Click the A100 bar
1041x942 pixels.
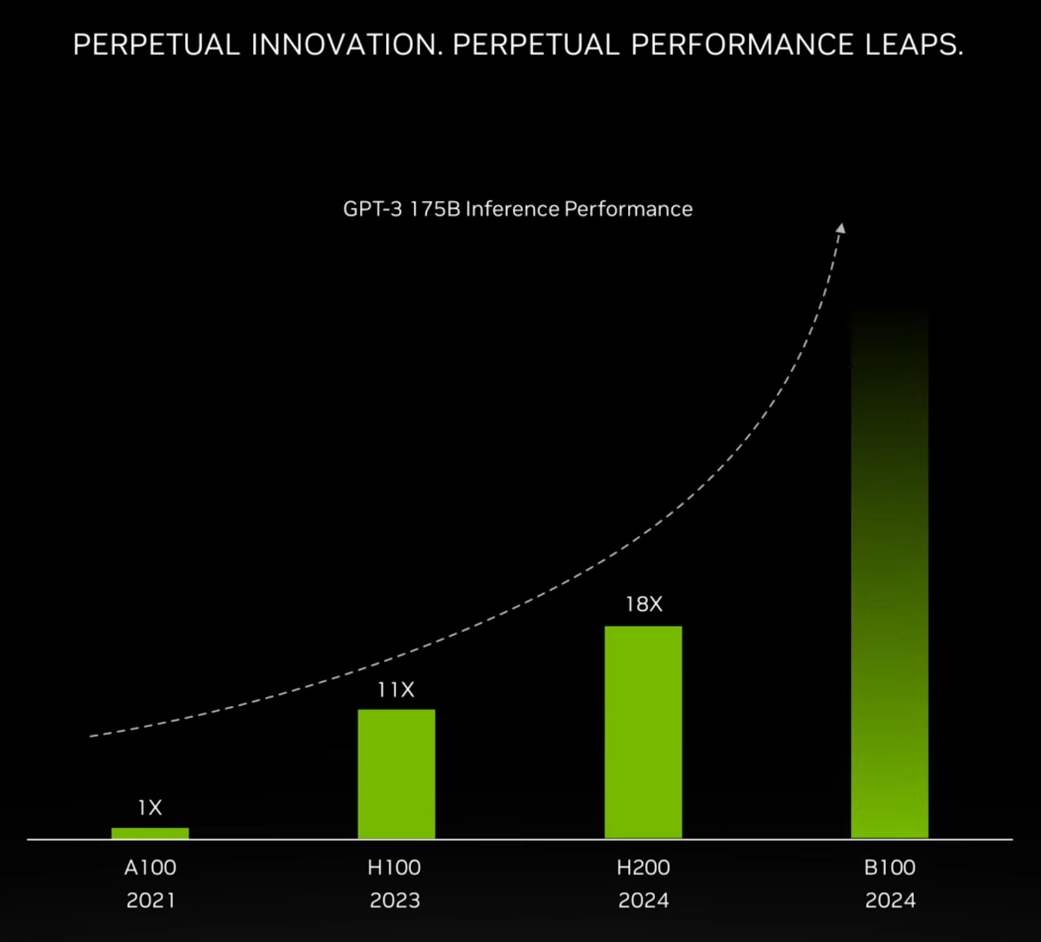150,833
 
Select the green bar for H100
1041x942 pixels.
396,774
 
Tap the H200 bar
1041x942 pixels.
643,732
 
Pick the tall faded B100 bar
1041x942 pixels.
889,585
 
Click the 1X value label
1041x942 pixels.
150,808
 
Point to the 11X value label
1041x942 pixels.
396,690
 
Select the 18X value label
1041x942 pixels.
643,604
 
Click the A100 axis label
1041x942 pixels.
150,867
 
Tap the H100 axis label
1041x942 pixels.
394,867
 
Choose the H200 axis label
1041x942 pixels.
643,867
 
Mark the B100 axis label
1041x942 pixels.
889,867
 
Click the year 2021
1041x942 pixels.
150,900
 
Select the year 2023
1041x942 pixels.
395,900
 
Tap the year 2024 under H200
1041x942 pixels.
643,900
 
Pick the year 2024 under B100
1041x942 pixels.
890,900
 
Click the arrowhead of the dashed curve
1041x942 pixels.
841,228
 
